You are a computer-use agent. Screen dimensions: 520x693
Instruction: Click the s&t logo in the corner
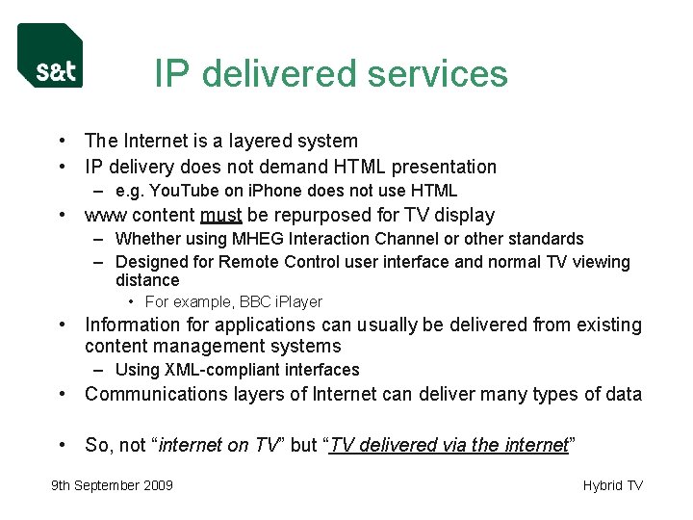[x=50, y=55]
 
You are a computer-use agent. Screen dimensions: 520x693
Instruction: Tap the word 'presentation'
[x=442, y=167]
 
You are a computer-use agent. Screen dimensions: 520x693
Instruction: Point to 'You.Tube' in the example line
[x=179, y=191]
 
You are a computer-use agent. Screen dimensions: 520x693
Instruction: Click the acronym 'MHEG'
[x=261, y=239]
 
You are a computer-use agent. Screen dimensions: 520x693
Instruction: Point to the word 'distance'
[x=147, y=280]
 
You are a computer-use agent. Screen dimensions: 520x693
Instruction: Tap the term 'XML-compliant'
[x=212, y=370]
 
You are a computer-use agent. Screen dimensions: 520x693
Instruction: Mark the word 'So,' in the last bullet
[x=98, y=445]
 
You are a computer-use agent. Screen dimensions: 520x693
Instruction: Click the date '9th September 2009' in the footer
[x=112, y=485]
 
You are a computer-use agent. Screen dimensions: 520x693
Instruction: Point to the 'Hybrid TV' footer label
[x=612, y=485]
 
